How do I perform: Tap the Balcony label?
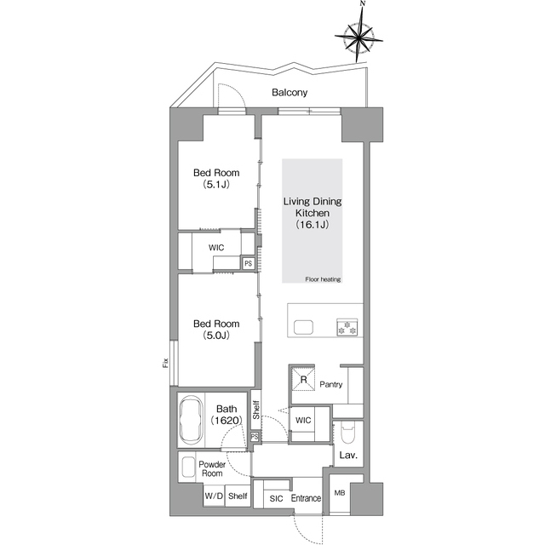pyautogui.click(x=290, y=93)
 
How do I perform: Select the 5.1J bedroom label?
pyautogui.click(x=216, y=178)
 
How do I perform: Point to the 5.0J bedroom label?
pyautogui.click(x=216, y=330)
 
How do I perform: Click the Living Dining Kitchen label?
pyautogui.click(x=313, y=213)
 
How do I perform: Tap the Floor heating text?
pyautogui.click(x=323, y=279)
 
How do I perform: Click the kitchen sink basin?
pyautogui.click(x=303, y=327)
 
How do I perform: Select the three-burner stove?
pyautogui.click(x=347, y=327)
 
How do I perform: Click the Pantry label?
pyautogui.click(x=331, y=384)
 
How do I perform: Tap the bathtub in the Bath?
pyautogui.click(x=190, y=419)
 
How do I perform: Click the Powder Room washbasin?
pyautogui.click(x=188, y=467)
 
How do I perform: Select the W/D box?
pyautogui.click(x=214, y=496)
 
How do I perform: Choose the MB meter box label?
pyautogui.click(x=340, y=492)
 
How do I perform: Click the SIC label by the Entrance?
pyautogui.click(x=276, y=498)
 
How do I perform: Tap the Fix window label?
pyautogui.click(x=165, y=363)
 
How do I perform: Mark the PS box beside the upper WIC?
pyautogui.click(x=248, y=263)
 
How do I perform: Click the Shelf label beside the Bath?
pyautogui.click(x=256, y=410)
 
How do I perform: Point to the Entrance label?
pyautogui.click(x=306, y=498)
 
